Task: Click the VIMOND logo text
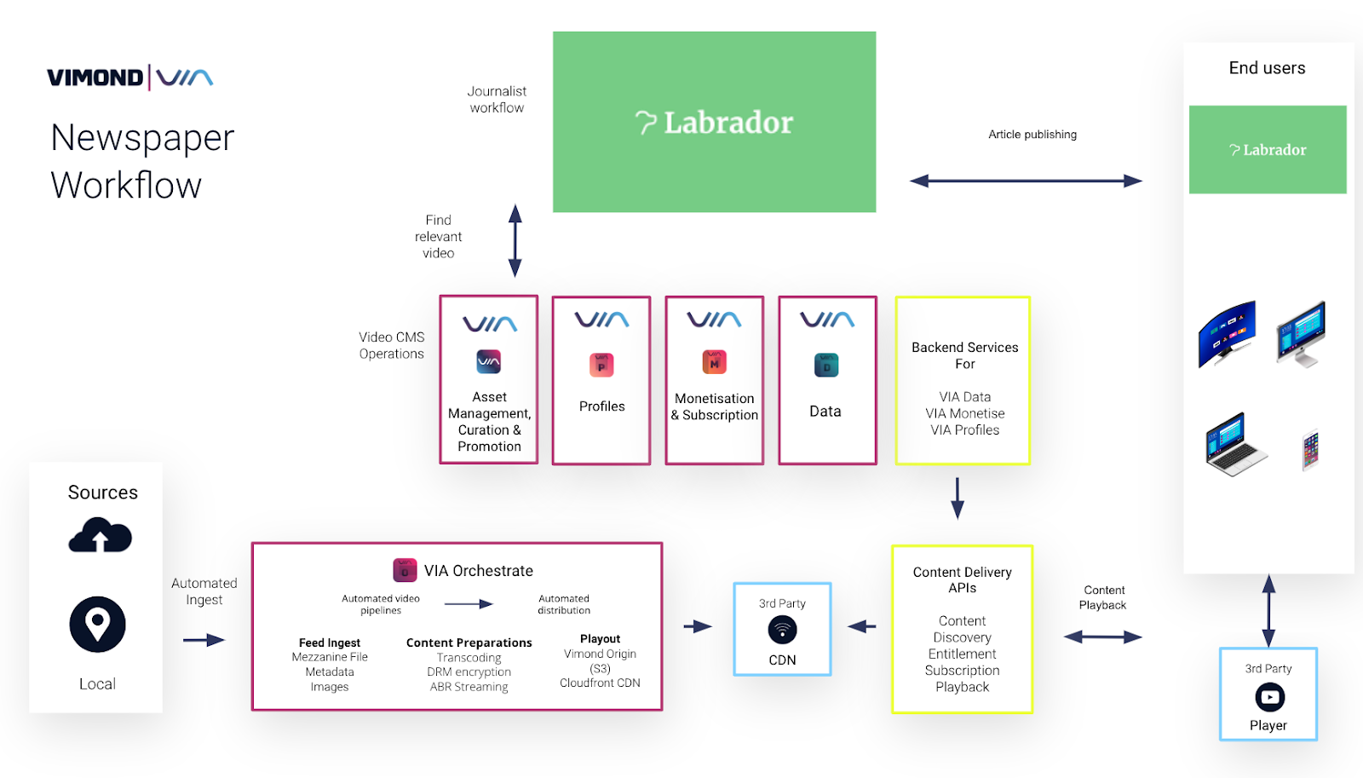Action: (95, 78)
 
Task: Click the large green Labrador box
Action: (714, 122)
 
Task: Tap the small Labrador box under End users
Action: (1268, 150)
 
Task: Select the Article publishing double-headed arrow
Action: (1026, 181)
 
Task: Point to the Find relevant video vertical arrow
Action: (515, 240)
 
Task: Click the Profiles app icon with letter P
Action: (601, 366)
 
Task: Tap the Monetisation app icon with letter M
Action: (714, 362)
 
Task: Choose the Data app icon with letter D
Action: (826, 365)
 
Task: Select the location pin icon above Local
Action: (97, 625)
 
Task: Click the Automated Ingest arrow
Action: (204, 640)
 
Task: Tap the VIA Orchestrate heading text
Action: (478, 571)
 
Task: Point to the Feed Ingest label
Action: (330, 643)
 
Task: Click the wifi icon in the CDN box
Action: (782, 630)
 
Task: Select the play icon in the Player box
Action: (1269, 697)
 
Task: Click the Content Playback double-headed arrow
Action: (1102, 637)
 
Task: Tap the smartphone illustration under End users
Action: (1310, 450)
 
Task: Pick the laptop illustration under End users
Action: (1234, 444)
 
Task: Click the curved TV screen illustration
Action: (1227, 333)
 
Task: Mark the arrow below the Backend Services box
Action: (958, 498)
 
